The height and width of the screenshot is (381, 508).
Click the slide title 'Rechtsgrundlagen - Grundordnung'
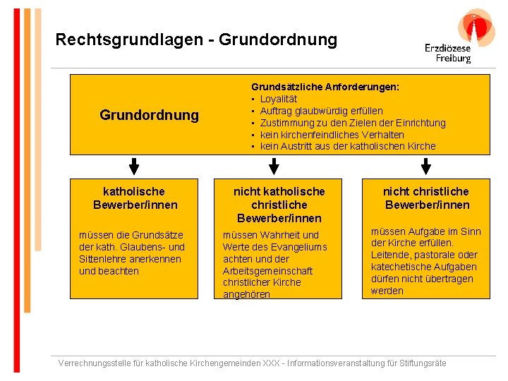[196, 40]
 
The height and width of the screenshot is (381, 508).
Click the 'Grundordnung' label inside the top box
[149, 114]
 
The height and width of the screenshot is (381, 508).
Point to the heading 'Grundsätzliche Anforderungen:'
[325, 86]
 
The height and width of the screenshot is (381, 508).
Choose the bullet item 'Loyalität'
[280, 99]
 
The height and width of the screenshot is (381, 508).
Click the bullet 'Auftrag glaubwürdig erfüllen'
[321, 111]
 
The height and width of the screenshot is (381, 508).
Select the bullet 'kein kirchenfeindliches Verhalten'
[332, 135]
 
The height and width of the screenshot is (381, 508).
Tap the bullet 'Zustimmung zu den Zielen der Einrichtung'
[353, 123]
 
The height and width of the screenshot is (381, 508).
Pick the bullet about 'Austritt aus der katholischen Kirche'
[348, 147]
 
